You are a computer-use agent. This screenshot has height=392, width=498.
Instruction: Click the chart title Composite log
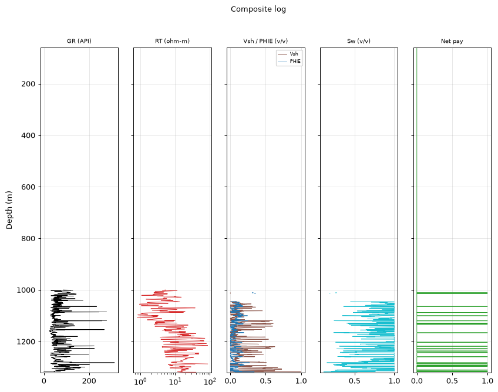258,9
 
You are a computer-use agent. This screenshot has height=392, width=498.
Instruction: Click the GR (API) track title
79,41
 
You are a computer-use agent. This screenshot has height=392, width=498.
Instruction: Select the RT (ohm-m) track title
172,41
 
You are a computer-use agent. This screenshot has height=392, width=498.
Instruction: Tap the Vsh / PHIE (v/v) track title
265,41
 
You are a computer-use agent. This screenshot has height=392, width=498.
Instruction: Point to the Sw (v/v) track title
359,41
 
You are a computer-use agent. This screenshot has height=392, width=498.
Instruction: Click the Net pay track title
452,41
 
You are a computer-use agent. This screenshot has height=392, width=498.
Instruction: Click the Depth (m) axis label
9,210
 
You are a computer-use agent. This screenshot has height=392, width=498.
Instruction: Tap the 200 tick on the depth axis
28,84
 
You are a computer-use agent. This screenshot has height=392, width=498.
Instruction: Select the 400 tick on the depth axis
28,136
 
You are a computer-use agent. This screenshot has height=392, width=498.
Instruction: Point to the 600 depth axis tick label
28,187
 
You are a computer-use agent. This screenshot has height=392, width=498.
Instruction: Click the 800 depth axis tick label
28,238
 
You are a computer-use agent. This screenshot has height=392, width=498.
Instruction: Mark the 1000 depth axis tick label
26,290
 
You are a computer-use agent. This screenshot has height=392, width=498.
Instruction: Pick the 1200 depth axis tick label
26,342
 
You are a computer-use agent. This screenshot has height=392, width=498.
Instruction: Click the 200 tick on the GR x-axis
89,381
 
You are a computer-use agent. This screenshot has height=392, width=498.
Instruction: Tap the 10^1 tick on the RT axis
175,381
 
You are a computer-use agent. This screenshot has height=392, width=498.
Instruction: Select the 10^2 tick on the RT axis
210,381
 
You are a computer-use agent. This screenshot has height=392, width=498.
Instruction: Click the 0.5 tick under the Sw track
355,381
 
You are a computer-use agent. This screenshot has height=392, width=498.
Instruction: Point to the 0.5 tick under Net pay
452,381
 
